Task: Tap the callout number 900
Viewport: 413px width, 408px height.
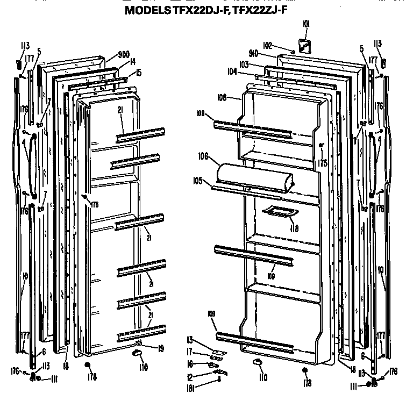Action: (124, 54)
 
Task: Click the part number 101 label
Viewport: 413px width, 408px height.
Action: (306, 24)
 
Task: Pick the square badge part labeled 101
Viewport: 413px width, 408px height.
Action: (304, 45)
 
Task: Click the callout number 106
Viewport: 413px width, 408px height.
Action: (203, 156)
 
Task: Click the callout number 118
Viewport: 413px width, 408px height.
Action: (294, 228)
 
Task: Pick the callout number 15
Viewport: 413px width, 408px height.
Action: (138, 73)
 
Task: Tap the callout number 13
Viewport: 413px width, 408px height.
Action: (190, 339)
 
